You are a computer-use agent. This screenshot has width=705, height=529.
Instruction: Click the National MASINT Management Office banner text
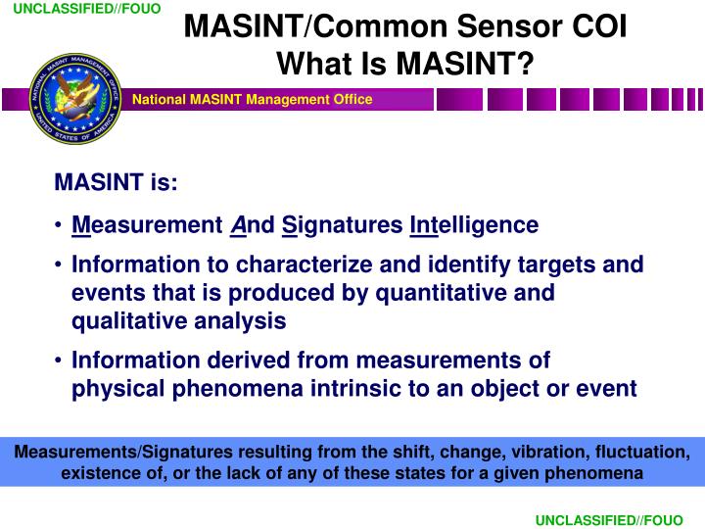253,100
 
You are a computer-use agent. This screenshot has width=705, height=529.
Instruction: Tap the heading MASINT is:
116,183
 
